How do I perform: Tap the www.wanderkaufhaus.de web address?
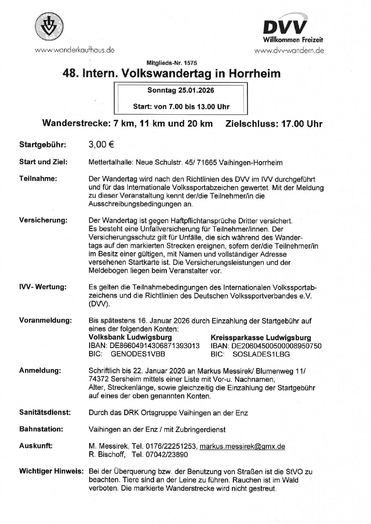pos(74,50)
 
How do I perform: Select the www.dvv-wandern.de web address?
pos(289,51)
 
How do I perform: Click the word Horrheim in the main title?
pos(254,74)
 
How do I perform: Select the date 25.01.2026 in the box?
pos(196,90)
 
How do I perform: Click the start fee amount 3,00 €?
pos(101,145)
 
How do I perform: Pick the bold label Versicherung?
pos(43,220)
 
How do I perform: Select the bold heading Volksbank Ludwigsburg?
pos(130,337)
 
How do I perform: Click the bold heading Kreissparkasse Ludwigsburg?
pos(261,338)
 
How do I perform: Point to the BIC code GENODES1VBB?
pos(138,354)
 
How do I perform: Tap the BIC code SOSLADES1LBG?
pos(261,354)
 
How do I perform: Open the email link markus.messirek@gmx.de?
pos(242,446)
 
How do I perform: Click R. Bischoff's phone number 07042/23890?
pos(166,455)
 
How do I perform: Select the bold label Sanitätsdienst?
pos(45,413)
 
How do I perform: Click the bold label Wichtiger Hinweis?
pos(51,471)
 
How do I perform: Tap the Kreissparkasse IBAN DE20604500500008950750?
pos(276,346)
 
